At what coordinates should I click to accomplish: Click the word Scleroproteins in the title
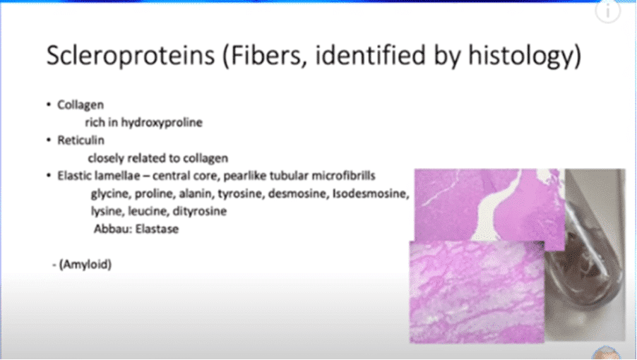coord(131,55)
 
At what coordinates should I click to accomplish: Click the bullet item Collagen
coord(81,104)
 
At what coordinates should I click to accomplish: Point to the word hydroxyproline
coord(162,122)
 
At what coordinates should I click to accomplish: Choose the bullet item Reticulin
coord(81,140)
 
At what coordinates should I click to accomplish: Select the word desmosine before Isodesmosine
coord(298,193)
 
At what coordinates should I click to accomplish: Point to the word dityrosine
coord(199,211)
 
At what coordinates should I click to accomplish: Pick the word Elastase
coord(157,229)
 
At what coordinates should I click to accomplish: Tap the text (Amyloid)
coord(85,265)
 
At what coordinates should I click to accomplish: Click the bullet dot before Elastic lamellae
coord(49,176)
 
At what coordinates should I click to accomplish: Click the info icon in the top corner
coord(608,11)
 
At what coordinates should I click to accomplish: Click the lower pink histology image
coord(477,292)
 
